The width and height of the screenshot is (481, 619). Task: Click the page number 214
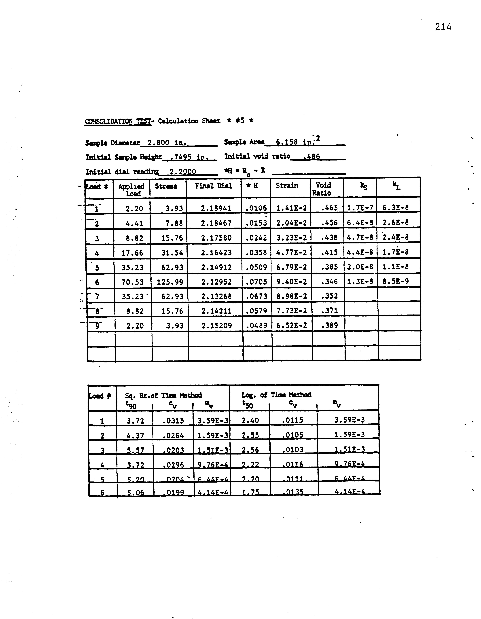(443, 27)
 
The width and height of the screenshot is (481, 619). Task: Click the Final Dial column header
(213, 186)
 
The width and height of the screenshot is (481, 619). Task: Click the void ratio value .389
(329, 325)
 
